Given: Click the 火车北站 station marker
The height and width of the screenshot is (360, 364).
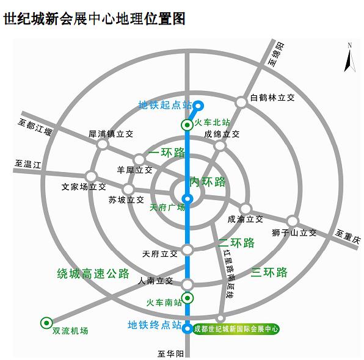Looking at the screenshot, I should (187, 125).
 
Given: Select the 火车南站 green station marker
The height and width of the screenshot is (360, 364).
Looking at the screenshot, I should (188, 298).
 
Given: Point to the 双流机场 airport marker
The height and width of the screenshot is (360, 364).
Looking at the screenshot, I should (46, 322).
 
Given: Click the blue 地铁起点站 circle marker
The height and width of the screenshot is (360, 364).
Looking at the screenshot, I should (198, 105).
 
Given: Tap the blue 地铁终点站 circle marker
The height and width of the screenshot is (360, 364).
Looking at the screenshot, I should (187, 328).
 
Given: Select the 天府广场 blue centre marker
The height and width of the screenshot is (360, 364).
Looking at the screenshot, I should (187, 198).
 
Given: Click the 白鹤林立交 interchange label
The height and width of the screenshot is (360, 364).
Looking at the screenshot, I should (273, 97).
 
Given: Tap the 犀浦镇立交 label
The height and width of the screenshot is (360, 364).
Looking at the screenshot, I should (111, 132).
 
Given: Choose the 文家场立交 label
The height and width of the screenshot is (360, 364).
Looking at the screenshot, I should (84, 187).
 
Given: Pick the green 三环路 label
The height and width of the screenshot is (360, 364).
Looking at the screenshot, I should (269, 272).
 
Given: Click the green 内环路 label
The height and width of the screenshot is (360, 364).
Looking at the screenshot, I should (208, 181).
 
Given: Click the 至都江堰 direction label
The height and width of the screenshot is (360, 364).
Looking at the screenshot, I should (37, 127).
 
